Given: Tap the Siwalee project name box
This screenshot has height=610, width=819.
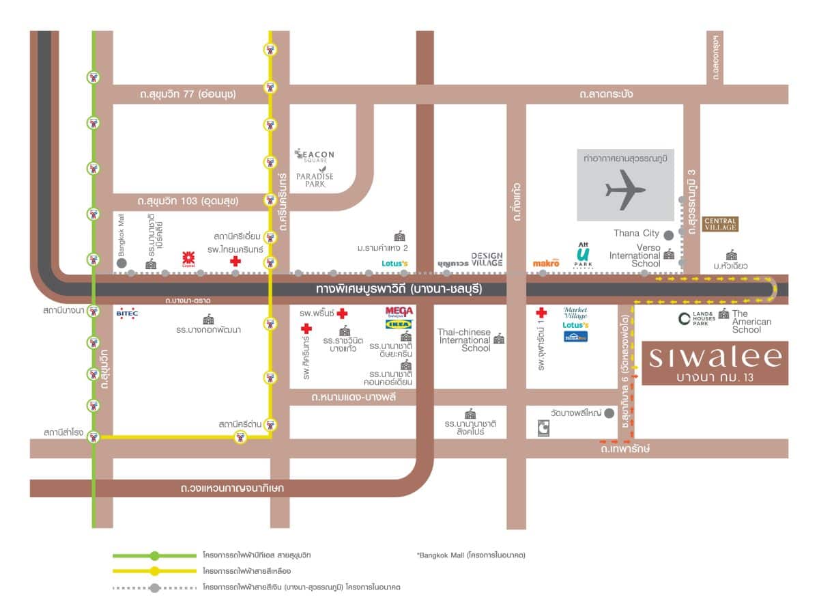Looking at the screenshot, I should (715, 363).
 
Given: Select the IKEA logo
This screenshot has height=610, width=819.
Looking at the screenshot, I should (399, 324).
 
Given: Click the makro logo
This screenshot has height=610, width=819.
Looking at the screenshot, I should (546, 262).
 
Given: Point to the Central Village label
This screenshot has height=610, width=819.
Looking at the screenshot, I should (720, 223).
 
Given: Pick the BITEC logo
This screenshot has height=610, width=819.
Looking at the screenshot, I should (128, 314).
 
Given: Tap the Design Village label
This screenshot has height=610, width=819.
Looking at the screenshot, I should (487, 259).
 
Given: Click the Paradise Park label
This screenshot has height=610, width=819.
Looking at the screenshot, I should (315, 180).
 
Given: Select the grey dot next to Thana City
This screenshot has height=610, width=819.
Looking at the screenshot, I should (669, 234).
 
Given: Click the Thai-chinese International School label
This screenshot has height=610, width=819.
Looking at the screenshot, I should (464, 340).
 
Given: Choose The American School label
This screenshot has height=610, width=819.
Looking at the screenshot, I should (751, 321).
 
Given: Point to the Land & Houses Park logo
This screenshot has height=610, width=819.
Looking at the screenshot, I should (696, 318).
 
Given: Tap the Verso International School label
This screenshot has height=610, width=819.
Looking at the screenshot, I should (639, 255).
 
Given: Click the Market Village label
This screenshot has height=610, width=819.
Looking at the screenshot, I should (575, 312).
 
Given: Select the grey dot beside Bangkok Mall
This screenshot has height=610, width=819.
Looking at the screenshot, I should (121, 262).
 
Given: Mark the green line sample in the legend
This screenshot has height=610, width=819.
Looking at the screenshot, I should (156, 555).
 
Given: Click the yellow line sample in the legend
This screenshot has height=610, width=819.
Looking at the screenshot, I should (156, 571).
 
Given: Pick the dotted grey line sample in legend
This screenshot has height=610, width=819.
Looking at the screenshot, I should (156, 587).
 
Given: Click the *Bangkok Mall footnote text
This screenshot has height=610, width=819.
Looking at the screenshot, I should (471, 555).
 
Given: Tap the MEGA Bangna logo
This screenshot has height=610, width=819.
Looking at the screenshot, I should (399, 311).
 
